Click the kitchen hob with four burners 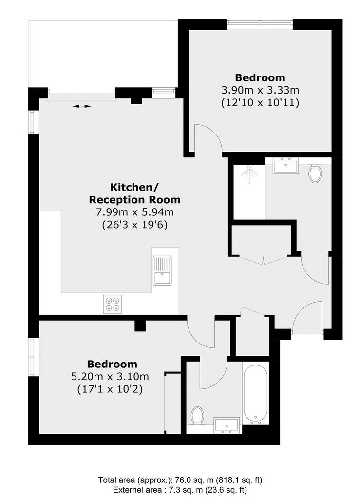pos(112,304)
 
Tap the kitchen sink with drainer pos(162,270)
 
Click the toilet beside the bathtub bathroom pos(197,415)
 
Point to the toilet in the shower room pos(315,173)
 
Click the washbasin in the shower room pos(285,166)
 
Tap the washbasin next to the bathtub pos(227,425)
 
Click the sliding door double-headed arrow pos(82,106)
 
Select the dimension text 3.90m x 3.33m pos(260,90)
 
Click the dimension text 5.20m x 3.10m pos(110,377)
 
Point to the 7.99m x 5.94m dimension pos(135,212)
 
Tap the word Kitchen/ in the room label pos(134,187)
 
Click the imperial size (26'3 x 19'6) pos(135,225)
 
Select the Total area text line pos(180,480)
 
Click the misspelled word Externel pos(126,490)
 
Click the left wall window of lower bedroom pos(34,357)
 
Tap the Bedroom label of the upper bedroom pos(260,77)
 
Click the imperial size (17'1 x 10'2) pos(110,389)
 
